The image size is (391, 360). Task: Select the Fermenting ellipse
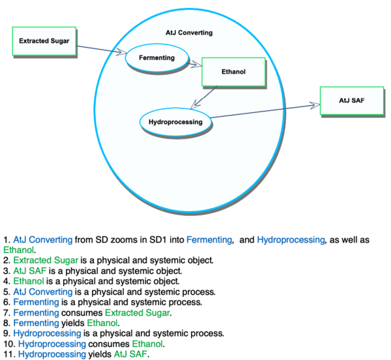coord(156,58)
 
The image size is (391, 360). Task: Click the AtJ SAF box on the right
coord(351,100)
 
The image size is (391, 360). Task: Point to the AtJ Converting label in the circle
coord(189,33)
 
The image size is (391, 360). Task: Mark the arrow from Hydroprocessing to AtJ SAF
coord(267,110)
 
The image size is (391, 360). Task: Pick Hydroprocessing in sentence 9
coord(43,333)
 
